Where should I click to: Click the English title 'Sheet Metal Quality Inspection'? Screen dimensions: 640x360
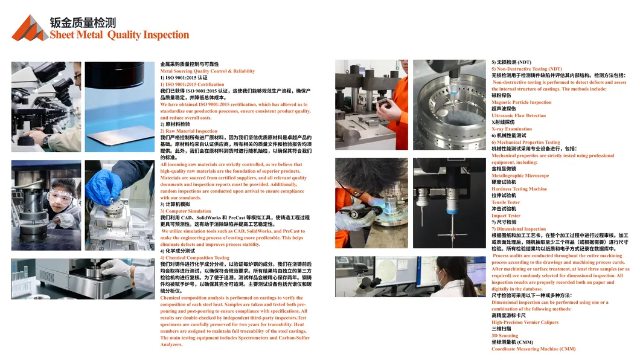(119, 34)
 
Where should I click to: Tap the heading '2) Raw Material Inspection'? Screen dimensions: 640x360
(188, 131)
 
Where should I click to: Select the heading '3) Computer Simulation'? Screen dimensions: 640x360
(185, 211)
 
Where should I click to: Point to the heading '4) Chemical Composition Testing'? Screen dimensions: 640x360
(194, 257)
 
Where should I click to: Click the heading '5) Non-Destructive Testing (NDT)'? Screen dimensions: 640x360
(526, 69)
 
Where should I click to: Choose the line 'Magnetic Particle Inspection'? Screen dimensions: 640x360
(521, 103)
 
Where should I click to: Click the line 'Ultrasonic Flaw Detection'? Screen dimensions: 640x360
(519, 115)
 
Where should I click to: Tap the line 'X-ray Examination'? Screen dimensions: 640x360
(511, 129)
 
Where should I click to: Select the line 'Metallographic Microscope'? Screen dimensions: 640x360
(520, 176)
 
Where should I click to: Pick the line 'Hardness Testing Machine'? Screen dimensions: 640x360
(519, 189)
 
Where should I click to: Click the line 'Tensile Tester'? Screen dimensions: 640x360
(506, 202)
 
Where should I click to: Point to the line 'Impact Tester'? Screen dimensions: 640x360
(506, 216)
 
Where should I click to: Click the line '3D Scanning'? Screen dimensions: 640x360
(505, 335)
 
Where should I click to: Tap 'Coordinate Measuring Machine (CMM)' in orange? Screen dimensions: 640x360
(534, 349)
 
